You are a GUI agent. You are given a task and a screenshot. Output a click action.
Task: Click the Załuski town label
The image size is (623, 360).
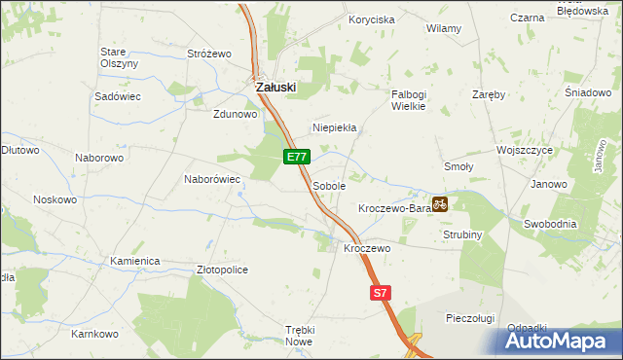pyautogui.click(x=275, y=87)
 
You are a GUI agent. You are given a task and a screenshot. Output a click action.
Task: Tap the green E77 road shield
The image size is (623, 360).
pyautogui.click(x=298, y=157)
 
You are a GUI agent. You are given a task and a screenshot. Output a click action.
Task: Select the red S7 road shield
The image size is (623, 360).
pyautogui.click(x=381, y=292)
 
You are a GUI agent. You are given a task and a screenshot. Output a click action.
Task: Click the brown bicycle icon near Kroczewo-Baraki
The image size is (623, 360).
pyautogui.click(x=439, y=204)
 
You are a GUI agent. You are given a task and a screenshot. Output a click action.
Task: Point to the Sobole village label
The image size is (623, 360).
pyautogui.click(x=329, y=185)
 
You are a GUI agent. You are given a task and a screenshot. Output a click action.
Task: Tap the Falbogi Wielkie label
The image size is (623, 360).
pyautogui.click(x=409, y=100)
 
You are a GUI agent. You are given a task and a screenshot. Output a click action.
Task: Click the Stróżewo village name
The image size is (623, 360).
pyautogui.click(x=207, y=54)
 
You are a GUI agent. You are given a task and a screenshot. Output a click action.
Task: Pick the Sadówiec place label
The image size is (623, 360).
pyautogui.click(x=118, y=97)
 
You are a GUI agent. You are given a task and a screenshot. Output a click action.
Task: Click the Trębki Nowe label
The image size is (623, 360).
pyautogui.click(x=299, y=337)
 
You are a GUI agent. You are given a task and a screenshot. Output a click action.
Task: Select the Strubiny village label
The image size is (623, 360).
pyautogui.click(x=463, y=234)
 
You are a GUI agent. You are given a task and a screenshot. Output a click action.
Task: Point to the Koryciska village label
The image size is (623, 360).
pyautogui.click(x=372, y=19)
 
